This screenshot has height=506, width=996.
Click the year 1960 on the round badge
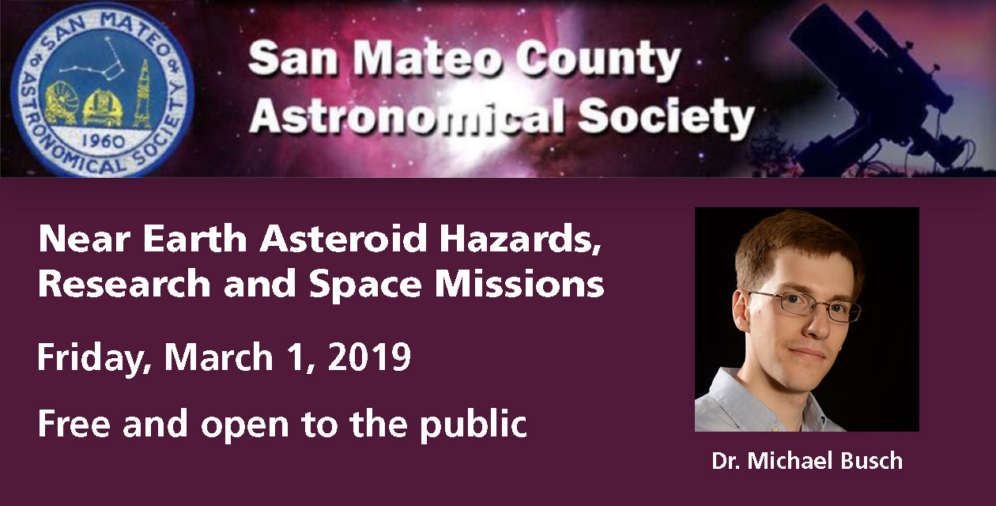(103, 142)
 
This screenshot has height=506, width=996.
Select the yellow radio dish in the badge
(60, 104)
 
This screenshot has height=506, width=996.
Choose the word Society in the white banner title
(666, 116)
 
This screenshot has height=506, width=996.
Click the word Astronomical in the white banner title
(407, 115)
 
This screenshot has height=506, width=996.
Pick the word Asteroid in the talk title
(343, 239)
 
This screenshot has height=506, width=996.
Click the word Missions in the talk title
(519, 284)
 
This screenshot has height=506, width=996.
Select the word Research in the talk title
(125, 284)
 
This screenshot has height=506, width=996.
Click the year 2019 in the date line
(369, 357)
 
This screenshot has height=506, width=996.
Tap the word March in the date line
(218, 357)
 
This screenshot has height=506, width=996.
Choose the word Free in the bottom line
(74, 424)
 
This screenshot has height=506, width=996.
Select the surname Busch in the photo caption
(871, 461)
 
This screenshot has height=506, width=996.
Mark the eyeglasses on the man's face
(805, 305)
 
